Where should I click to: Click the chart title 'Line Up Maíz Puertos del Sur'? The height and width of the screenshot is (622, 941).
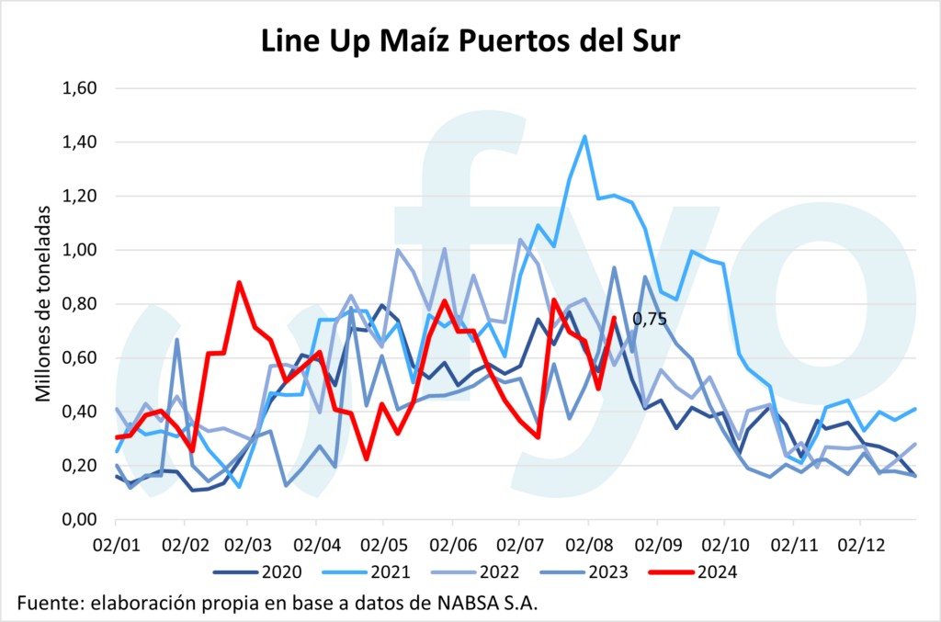point(470,42)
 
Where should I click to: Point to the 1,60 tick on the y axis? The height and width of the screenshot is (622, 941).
point(80,89)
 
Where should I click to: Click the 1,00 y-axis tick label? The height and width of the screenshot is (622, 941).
point(80,250)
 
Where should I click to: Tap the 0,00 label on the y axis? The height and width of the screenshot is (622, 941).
point(80,519)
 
